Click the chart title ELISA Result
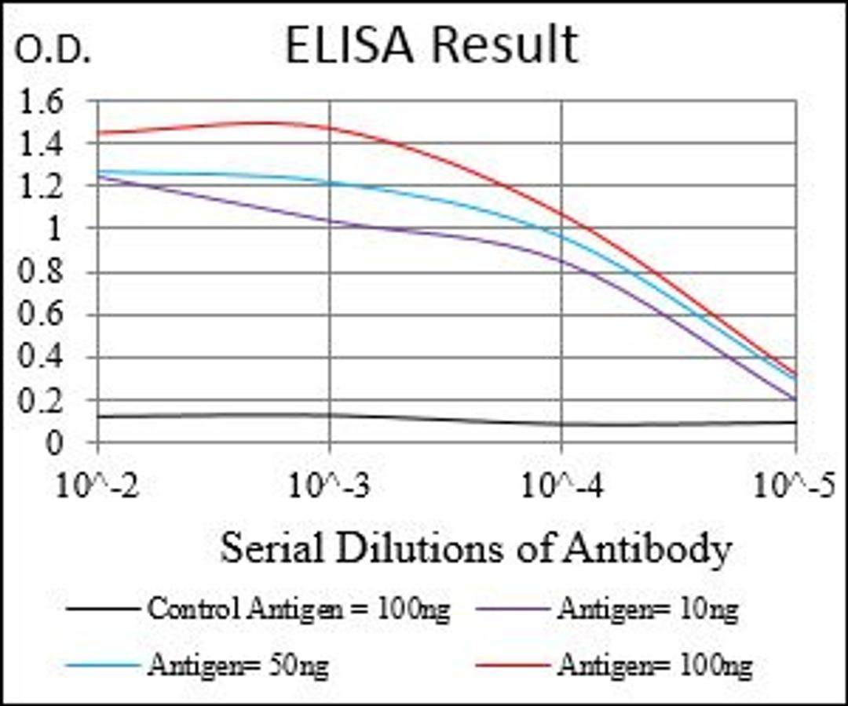coord(431,46)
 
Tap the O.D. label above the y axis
coord(53,51)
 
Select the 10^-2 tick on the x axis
coord(97,486)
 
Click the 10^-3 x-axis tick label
coord(329,486)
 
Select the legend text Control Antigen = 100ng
coord(298,609)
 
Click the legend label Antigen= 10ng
coord(647,609)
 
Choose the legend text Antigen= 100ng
coord(655,666)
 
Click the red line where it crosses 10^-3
coord(329,127)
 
